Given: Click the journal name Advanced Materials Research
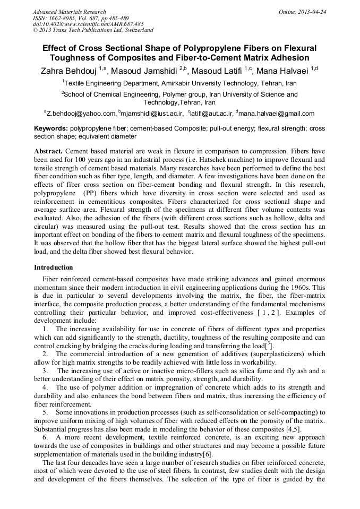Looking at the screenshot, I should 70,12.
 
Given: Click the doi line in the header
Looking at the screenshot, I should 88,24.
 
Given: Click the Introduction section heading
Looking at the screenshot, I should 54,267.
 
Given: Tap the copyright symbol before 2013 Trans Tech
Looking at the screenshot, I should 35,30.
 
